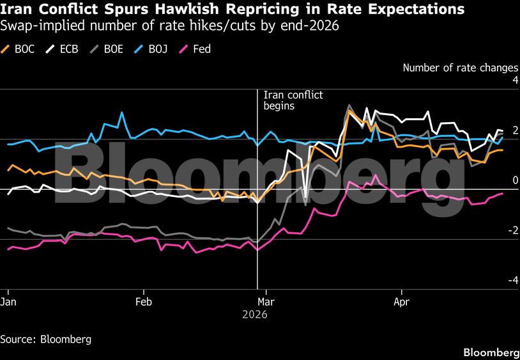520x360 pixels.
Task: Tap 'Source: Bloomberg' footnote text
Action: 45,339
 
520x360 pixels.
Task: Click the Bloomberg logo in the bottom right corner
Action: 491,352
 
